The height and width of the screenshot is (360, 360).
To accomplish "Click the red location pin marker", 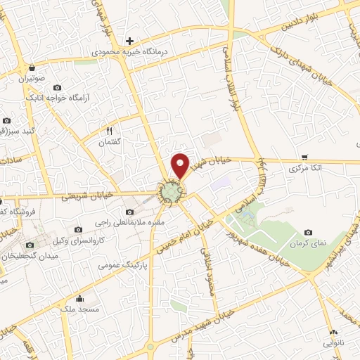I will point(181,165).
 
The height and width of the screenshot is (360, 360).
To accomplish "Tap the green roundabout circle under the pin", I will point(170,191).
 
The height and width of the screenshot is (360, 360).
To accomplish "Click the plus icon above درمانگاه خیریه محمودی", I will point(129,41).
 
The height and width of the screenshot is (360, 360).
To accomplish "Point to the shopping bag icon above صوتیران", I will point(32,68).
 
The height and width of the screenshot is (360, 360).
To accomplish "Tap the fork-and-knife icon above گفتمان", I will point(109,131).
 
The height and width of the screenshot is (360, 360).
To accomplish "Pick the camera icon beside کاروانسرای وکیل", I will point(77,230).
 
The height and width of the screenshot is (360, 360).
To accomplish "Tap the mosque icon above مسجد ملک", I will point(79,297).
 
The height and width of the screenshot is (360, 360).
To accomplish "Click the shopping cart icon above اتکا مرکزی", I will point(304,157).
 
